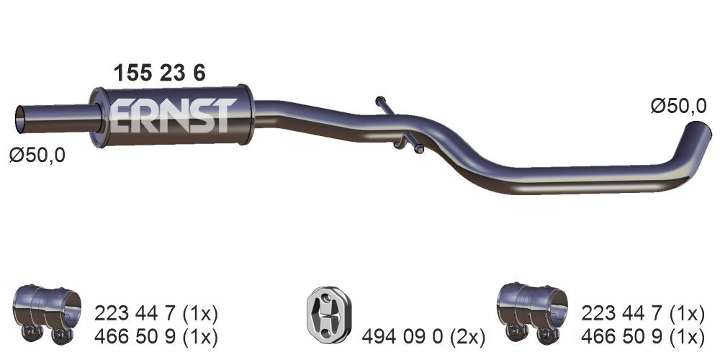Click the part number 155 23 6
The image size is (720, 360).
(159, 73)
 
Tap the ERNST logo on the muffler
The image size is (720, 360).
(173, 116)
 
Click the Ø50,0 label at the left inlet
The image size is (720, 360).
(37, 156)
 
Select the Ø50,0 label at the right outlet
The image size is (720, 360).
(678, 107)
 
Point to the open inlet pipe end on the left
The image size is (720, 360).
(21, 120)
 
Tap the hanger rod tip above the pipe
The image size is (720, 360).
(380, 101)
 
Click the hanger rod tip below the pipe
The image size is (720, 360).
(419, 149)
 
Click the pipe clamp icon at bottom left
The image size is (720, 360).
(46, 314)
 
